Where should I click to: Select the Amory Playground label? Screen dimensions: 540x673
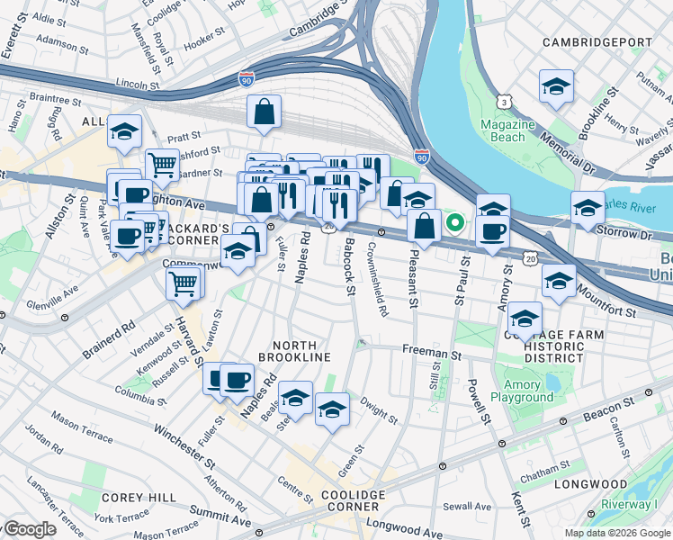tap(522, 391)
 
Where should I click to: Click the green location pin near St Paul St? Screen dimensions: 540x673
tap(456, 221)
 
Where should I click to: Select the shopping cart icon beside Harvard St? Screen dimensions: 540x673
tap(184, 284)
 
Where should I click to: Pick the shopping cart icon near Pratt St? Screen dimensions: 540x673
tap(162, 165)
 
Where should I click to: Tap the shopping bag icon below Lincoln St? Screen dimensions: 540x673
tap(265, 113)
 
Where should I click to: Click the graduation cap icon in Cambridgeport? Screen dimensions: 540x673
tap(556, 87)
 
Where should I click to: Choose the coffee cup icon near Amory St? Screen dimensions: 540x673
tap(492, 232)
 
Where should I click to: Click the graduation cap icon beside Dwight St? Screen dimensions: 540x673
tap(332, 410)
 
